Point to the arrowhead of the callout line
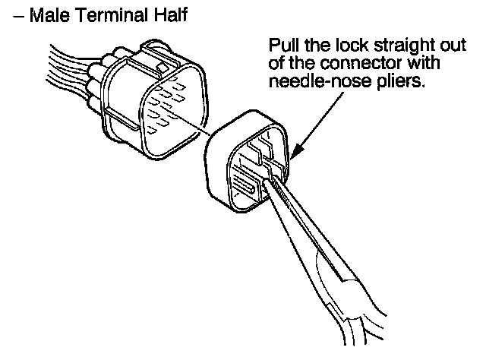[292, 156]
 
